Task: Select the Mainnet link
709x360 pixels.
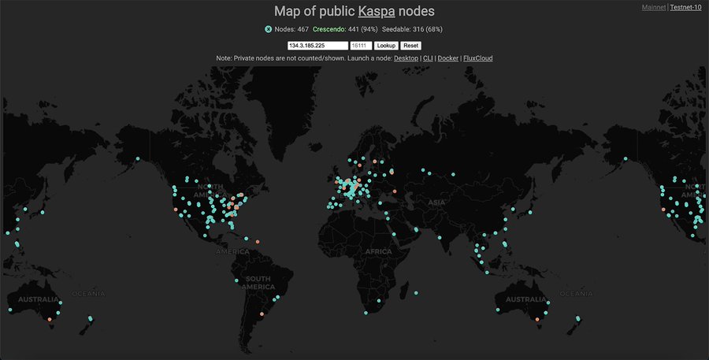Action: tap(654, 7)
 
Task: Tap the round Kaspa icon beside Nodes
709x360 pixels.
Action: tap(269, 29)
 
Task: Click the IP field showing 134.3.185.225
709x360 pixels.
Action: tap(317, 46)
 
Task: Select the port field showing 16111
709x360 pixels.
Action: tap(361, 46)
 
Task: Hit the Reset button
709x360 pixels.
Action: tap(410, 46)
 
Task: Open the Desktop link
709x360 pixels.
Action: tap(406, 58)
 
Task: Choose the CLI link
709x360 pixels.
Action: tap(428, 58)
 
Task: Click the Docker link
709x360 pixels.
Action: tap(447, 58)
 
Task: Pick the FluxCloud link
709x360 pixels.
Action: tap(477, 58)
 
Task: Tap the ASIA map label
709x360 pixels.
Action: tap(435, 202)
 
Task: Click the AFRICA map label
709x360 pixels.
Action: tap(378, 251)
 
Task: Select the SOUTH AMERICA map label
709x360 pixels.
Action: tap(259, 284)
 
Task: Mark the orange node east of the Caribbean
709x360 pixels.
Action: tap(258, 241)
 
